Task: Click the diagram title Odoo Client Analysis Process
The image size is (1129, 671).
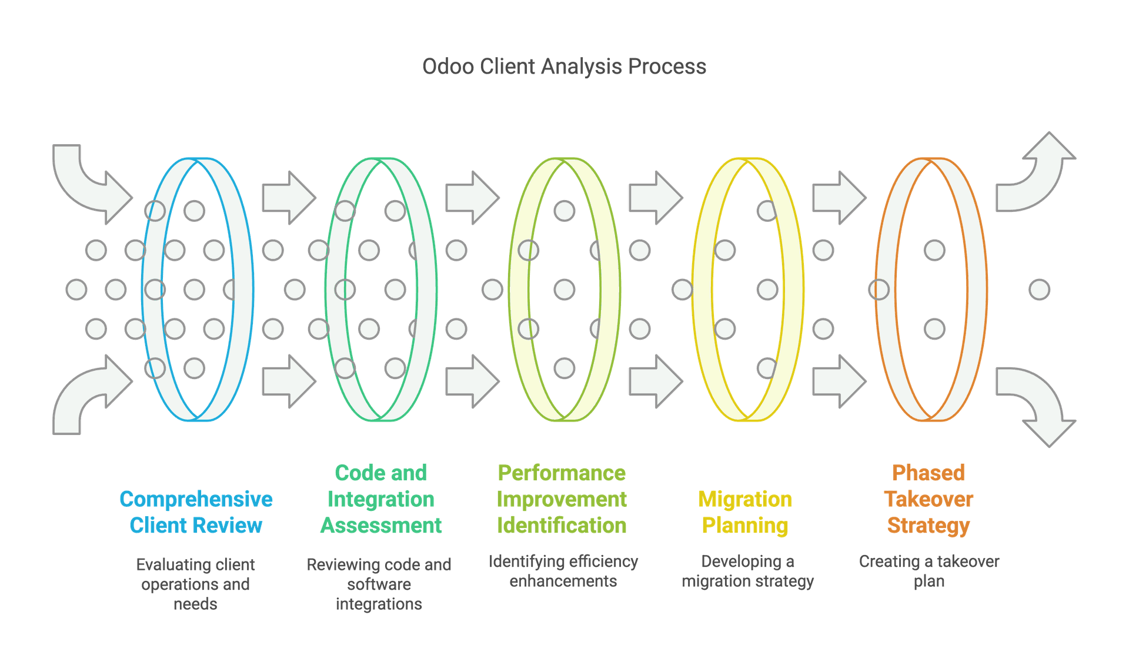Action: tap(564, 67)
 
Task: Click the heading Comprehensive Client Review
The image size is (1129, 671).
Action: tap(196, 512)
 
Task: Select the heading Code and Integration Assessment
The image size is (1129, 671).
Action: tap(380, 499)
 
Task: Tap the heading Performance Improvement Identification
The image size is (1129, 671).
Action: tap(562, 499)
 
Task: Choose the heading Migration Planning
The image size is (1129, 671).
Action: tap(745, 512)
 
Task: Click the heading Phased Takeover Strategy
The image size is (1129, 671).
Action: tap(928, 499)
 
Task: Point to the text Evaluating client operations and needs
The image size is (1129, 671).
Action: tap(195, 584)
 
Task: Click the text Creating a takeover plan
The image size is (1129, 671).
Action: tap(929, 571)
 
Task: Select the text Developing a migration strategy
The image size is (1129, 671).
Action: tap(747, 571)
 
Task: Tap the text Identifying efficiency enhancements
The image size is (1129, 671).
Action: tap(563, 571)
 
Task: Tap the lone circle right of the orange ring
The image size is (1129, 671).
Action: tap(1039, 290)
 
